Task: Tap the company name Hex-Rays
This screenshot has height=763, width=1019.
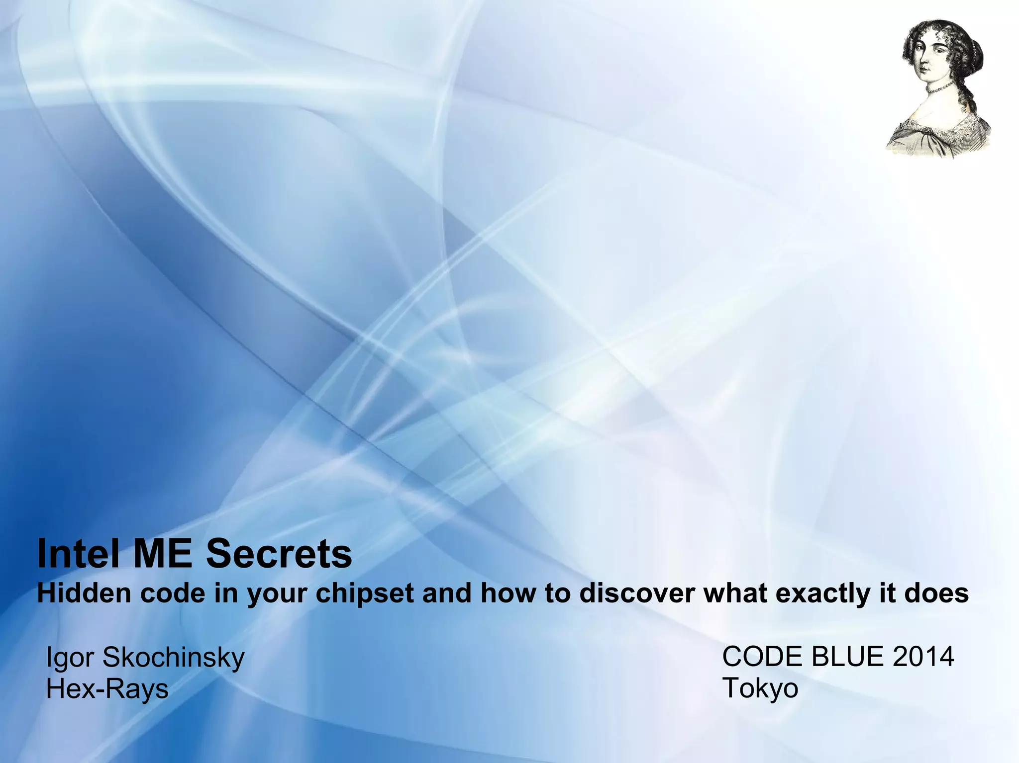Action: coord(107,689)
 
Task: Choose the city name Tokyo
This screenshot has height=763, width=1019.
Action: coord(760,688)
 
